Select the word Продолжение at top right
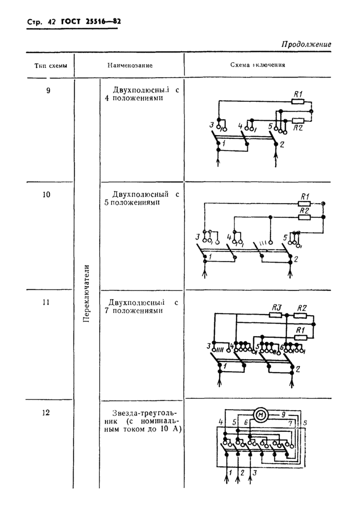point(305,44)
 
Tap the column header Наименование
point(130,66)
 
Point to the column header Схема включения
point(258,66)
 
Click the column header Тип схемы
point(50,66)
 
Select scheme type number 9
point(48,90)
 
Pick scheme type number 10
point(48,195)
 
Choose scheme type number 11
point(48,302)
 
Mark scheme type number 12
point(48,411)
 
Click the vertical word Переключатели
point(86,294)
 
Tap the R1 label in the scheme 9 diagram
point(298,93)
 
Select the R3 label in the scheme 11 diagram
point(276,307)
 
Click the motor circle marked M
point(260,415)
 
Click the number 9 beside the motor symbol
point(282,413)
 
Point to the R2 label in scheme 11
point(301,307)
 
